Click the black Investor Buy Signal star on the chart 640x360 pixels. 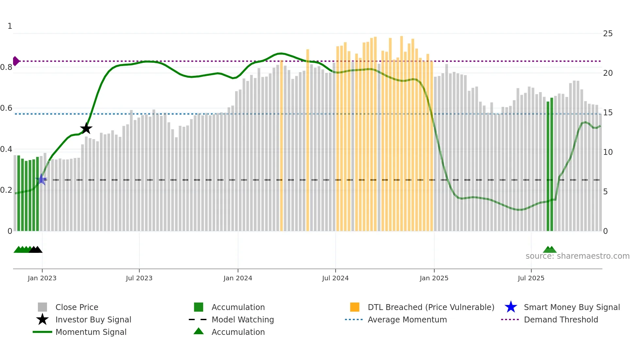pyautogui.click(x=86, y=128)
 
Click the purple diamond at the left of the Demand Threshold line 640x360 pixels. pyautogui.click(x=16, y=61)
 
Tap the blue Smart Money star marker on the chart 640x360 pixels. pyautogui.click(x=41, y=179)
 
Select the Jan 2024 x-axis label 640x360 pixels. pyautogui.click(x=238, y=278)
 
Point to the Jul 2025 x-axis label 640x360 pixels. pyautogui.click(x=531, y=278)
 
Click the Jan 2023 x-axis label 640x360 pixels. pyautogui.click(x=42, y=278)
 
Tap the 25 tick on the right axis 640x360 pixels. pyautogui.click(x=608, y=34)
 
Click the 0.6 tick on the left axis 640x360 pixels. pyautogui.click(x=7, y=108)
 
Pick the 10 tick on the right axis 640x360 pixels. pyautogui.click(x=608, y=152)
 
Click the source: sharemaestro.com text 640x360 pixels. pyautogui.click(x=577, y=256)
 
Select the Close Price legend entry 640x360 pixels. pyautogui.click(x=77, y=307)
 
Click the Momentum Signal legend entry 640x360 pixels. pyautogui.click(x=91, y=332)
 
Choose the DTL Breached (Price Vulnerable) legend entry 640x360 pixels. pyautogui.click(x=431, y=307)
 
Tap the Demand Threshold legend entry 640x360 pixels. pyautogui.click(x=561, y=319)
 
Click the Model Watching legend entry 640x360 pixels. pyautogui.click(x=243, y=319)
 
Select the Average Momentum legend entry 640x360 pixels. pyautogui.click(x=407, y=319)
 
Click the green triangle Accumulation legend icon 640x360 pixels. pyautogui.click(x=199, y=331)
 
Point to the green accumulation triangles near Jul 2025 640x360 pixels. pyautogui.click(x=550, y=250)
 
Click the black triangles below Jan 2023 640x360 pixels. pyautogui.click(x=36, y=250)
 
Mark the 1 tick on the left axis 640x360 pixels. pyautogui.click(x=10, y=26)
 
